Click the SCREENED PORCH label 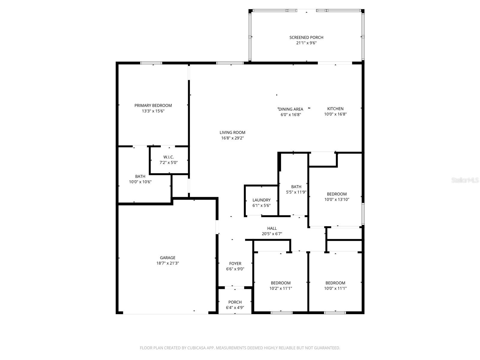pyautogui.click(x=306, y=37)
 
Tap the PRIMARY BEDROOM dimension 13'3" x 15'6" pyautogui.click(x=153, y=111)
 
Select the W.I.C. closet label pyautogui.click(x=168, y=157)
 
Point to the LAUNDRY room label pyautogui.click(x=261, y=200)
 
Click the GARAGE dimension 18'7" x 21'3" pyautogui.click(x=167, y=263)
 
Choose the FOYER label pyautogui.click(x=235, y=264)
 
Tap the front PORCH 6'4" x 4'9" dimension pyautogui.click(x=235, y=307)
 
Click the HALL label pyautogui.click(x=272, y=228)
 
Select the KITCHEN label pyautogui.click(x=335, y=109)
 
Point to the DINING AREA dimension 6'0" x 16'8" pyautogui.click(x=290, y=114)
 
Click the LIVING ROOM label pyautogui.click(x=232, y=132)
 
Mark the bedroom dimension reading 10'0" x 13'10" pyautogui.click(x=337, y=199)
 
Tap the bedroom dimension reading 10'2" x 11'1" pyautogui.click(x=280, y=288)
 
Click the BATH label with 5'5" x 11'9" pyautogui.click(x=296, y=187)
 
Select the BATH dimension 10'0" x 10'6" pyautogui.click(x=140, y=181)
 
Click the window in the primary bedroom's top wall pyautogui.click(x=151, y=63)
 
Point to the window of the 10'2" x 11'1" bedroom pyautogui.click(x=281, y=313)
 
